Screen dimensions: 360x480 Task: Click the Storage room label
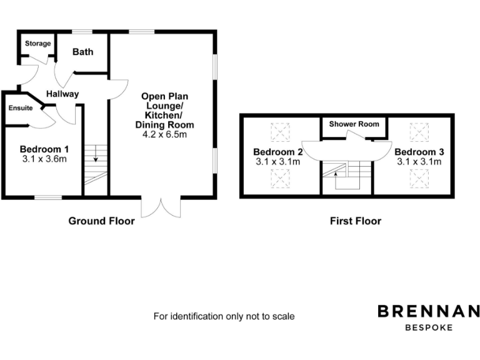[37, 44]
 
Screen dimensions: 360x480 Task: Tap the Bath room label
[82, 52]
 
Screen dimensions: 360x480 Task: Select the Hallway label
[62, 94]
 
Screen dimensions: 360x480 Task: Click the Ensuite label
[21, 107]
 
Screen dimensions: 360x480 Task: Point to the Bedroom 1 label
[44, 149]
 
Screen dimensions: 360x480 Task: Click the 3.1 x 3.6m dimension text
[44, 159]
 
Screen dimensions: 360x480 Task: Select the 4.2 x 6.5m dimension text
[164, 134]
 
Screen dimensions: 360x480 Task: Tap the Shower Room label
[354, 124]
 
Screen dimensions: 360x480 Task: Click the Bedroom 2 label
[278, 152]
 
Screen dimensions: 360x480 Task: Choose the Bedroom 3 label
[419, 152]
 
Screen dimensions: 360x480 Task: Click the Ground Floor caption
[101, 221]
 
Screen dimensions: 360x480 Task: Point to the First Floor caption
[356, 221]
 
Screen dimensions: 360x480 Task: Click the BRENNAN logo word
[428, 311]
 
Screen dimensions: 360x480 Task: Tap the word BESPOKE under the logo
[428, 327]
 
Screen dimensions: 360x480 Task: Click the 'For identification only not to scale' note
[224, 316]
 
